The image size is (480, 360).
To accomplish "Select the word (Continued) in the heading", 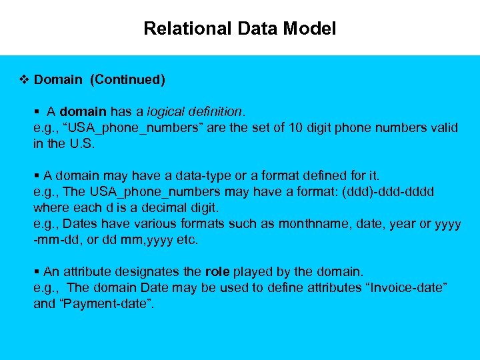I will point(128,80).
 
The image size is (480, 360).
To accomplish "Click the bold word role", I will point(217,271).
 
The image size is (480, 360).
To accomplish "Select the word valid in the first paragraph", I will point(444,127).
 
